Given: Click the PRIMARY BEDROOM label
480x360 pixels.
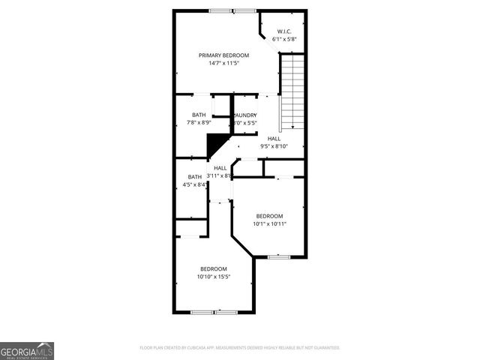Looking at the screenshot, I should pyautogui.click(x=223, y=55).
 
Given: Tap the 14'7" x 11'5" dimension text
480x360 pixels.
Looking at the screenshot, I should pyautogui.click(x=223, y=63).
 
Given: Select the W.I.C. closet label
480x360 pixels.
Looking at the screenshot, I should pyautogui.click(x=284, y=31).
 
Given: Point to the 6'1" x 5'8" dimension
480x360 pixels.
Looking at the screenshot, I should pyautogui.click(x=284, y=38).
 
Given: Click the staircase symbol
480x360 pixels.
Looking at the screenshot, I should pyautogui.click(x=291, y=94).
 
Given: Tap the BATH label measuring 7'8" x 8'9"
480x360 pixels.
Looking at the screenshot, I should pyautogui.click(x=199, y=115).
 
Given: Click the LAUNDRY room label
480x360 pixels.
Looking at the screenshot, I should pyautogui.click(x=245, y=115).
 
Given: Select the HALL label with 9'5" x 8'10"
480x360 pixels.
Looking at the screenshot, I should pyautogui.click(x=274, y=139).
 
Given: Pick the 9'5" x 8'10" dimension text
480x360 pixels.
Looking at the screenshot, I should pyautogui.click(x=274, y=146).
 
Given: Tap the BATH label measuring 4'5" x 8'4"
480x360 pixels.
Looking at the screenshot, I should pyautogui.click(x=195, y=177).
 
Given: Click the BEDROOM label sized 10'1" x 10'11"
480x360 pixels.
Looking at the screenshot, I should pyautogui.click(x=269, y=215).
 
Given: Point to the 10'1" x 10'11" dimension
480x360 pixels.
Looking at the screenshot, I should pyautogui.click(x=269, y=223).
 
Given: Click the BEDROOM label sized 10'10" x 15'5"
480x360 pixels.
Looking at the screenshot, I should pyautogui.click(x=213, y=268).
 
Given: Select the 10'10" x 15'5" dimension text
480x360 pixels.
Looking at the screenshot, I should pyautogui.click(x=213, y=276).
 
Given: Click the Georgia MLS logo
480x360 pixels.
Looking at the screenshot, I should pyautogui.click(x=27, y=350).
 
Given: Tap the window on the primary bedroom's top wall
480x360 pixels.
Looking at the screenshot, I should pyautogui.click(x=232, y=10).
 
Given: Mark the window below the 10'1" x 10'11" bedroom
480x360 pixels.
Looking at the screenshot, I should pyautogui.click(x=278, y=256).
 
